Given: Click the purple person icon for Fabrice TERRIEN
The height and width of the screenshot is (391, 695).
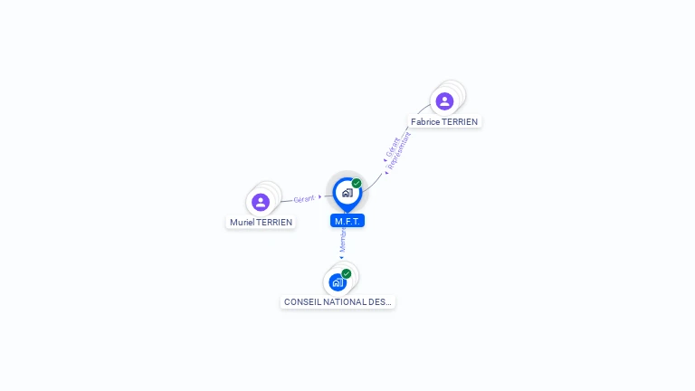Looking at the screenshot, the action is tap(444, 100).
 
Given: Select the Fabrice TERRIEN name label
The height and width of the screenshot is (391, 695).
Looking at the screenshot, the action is tap(444, 121).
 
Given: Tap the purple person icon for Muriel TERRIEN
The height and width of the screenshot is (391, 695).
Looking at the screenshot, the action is tap(261, 202).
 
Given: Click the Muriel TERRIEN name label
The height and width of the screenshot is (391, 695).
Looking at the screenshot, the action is tap(261, 222).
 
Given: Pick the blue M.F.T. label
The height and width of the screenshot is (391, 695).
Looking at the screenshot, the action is tap(347, 221).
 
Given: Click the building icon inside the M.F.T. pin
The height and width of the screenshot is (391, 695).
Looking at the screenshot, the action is tap(347, 193).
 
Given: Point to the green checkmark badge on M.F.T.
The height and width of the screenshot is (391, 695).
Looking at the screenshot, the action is tap(357, 184).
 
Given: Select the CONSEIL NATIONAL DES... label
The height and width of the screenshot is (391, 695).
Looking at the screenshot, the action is tap(338, 301).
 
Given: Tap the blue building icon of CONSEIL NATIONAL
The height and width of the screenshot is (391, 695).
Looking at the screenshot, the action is tap(338, 282).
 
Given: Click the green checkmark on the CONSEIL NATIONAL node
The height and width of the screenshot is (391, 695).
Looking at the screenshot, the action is tap(347, 273).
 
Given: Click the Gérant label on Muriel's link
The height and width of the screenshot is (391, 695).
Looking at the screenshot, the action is tap(304, 199).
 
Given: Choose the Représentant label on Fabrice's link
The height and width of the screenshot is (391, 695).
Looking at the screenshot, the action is tap(404, 148).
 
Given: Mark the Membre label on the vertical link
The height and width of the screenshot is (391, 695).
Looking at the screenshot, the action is tap(343, 240).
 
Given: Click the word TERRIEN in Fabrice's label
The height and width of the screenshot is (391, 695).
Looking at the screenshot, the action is tap(460, 121).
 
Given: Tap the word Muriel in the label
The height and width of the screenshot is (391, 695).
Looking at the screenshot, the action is tap(242, 222).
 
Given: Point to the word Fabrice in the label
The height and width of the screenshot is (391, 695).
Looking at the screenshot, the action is tap(425, 121).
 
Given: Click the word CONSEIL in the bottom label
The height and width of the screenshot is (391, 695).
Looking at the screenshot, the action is tap(300, 301).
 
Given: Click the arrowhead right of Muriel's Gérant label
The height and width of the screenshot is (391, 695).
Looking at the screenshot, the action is tap(319, 196).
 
